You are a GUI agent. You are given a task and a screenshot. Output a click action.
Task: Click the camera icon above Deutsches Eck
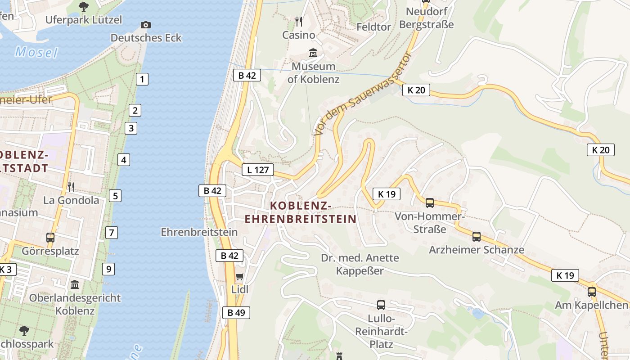pyautogui.click(x=145, y=25)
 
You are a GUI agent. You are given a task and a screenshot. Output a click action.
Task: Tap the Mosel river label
pyautogui.click(x=36, y=52)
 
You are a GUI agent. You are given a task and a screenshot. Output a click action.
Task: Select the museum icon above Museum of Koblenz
pyautogui.click(x=313, y=53)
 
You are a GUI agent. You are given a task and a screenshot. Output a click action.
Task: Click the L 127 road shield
pyautogui.click(x=258, y=170)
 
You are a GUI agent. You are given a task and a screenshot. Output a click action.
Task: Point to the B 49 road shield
pyautogui.click(x=236, y=312)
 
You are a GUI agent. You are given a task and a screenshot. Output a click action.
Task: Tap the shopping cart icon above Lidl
pyautogui.click(x=239, y=276)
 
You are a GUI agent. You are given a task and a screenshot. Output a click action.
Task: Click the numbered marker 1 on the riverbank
pyautogui.click(x=142, y=80)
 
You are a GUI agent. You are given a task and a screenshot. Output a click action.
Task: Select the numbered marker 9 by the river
pyautogui.click(x=108, y=269)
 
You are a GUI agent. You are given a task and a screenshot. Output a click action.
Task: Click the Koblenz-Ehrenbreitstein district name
pyautogui.click(x=300, y=212)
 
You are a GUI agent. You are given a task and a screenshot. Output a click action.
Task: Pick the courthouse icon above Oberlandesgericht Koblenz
pyautogui.click(x=75, y=285)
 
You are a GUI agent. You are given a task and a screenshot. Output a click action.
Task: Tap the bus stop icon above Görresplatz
pyautogui.click(x=50, y=237)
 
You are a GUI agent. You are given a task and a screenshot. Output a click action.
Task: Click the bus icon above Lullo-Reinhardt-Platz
pyautogui.click(x=381, y=305)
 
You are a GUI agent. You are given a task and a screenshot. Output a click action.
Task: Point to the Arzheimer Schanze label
pyautogui.click(x=477, y=250)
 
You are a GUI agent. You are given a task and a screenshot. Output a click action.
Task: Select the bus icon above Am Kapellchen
pyautogui.click(x=591, y=292)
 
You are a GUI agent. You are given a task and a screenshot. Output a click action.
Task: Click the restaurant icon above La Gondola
pyautogui.click(x=71, y=187)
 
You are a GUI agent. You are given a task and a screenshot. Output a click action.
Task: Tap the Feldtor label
pyautogui.click(x=373, y=27)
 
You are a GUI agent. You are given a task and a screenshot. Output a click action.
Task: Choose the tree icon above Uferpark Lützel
pyautogui.click(x=83, y=6)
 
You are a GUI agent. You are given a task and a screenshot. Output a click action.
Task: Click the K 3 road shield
pyautogui.click(x=6, y=270)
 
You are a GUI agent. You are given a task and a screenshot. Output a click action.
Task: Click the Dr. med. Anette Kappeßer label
pyautogui.click(x=360, y=264)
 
